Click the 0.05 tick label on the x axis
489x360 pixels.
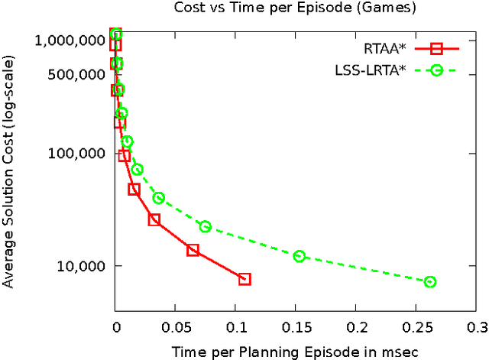click(176, 326)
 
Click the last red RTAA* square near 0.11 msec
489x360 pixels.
click(244, 279)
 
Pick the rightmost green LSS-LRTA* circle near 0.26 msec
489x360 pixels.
click(430, 282)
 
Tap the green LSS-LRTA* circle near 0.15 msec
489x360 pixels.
click(300, 256)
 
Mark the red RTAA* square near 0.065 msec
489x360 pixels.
click(193, 250)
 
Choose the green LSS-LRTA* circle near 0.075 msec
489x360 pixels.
click(205, 226)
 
